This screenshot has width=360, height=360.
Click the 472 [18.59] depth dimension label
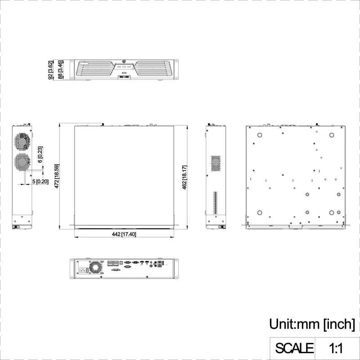57,176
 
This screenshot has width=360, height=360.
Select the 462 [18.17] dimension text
184,177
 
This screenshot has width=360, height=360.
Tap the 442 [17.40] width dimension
124,234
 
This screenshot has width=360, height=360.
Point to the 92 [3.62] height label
51,70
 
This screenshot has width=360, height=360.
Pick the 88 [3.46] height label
60,70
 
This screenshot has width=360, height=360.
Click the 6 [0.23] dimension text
40,154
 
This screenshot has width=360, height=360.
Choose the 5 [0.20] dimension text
40,182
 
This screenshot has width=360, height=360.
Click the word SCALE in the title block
294,348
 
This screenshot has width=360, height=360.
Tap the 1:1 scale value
336,348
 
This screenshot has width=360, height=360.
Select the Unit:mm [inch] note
312,324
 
